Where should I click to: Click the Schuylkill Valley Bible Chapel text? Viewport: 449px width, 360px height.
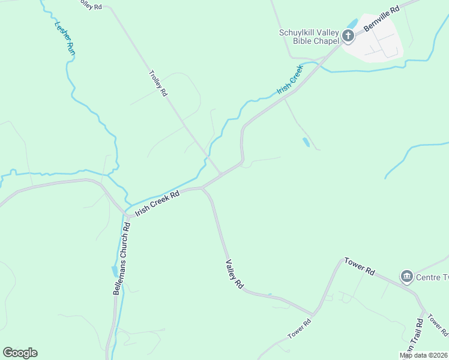(309, 37)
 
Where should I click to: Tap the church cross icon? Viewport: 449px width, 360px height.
(348, 37)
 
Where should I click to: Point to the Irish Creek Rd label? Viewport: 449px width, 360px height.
(157, 203)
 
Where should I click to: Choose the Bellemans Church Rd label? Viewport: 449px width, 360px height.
(121, 259)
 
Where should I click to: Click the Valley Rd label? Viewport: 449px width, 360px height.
(234, 274)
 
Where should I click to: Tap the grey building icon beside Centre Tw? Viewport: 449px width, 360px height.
(407, 277)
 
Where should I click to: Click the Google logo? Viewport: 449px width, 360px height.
(20, 353)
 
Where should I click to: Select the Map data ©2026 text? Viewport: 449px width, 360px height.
(423, 355)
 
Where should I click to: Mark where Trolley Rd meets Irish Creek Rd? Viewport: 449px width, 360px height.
(221, 175)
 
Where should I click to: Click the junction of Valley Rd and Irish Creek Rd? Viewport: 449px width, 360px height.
(203, 188)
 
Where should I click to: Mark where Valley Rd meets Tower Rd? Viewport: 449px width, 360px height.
(313, 314)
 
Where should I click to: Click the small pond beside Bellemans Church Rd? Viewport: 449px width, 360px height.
(114, 271)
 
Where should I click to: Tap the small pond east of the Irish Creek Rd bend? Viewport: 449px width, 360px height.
(306, 142)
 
